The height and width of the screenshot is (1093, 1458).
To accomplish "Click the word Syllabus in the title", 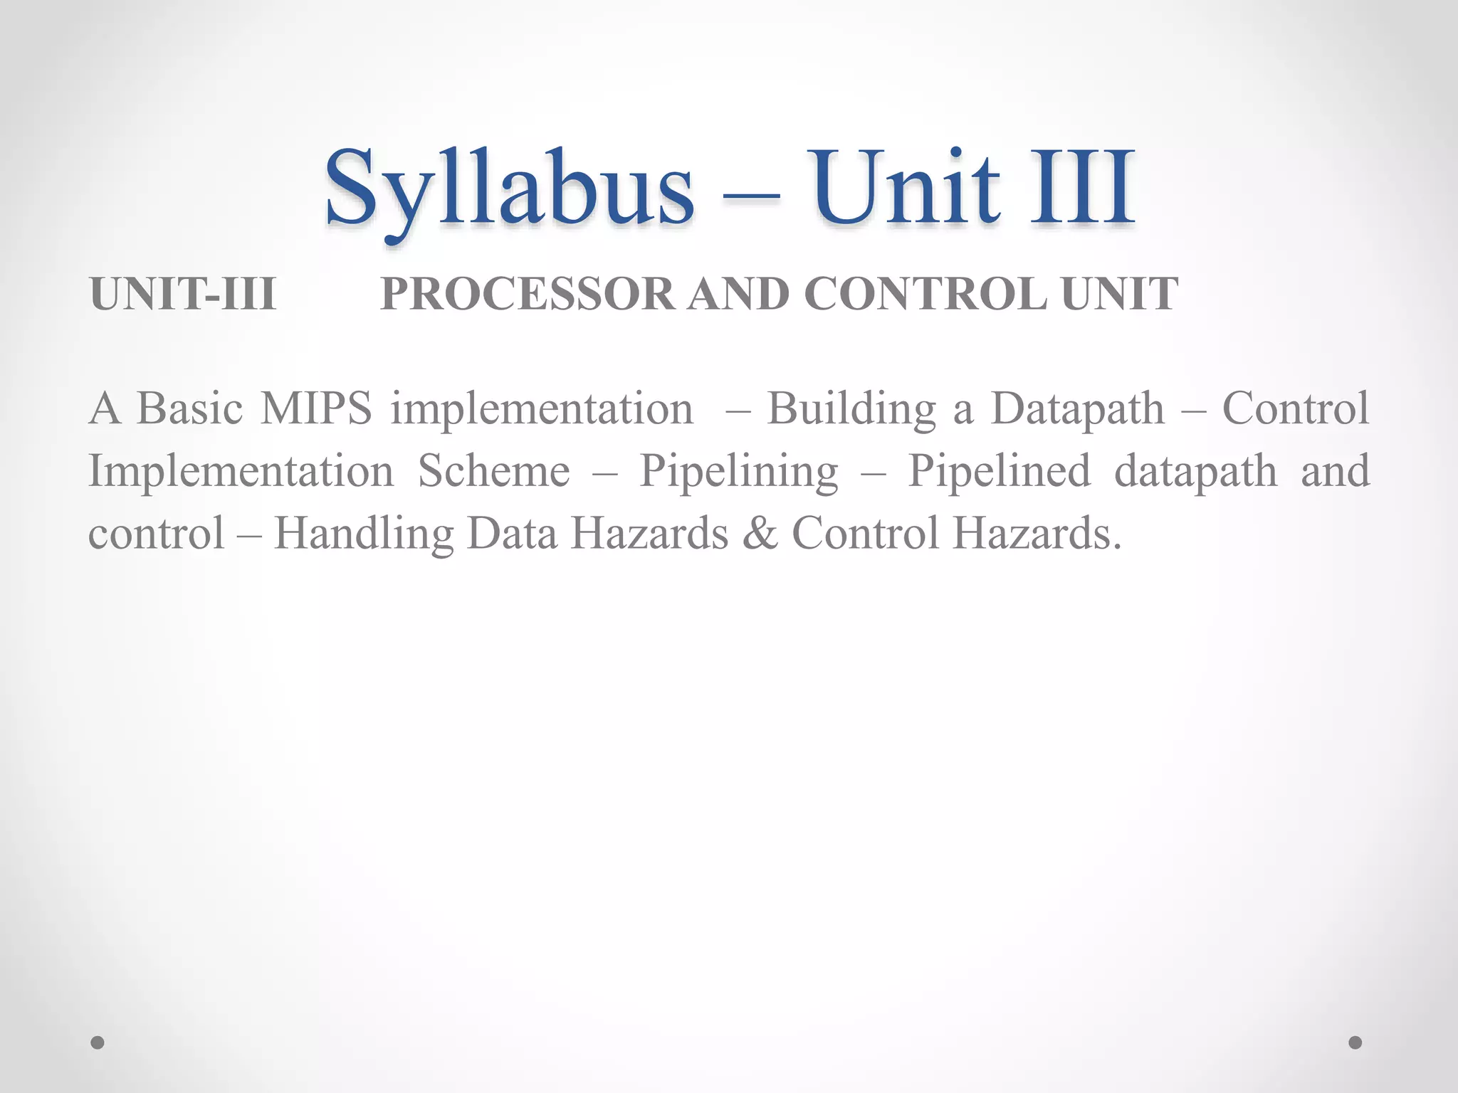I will (x=509, y=189).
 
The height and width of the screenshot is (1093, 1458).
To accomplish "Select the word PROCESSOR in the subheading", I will (x=527, y=294).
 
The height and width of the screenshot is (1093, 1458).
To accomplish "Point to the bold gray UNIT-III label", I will (x=183, y=294).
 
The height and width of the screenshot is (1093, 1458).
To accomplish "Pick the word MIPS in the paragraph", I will (x=316, y=409).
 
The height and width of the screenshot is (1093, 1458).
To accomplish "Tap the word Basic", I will (x=189, y=409).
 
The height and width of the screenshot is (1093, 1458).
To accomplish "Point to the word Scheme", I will (x=494, y=471).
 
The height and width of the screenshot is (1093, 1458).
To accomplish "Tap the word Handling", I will (x=364, y=534).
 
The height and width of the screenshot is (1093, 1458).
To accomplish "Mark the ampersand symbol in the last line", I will (x=760, y=534).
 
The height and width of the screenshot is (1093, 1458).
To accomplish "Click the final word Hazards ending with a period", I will (x=1037, y=534).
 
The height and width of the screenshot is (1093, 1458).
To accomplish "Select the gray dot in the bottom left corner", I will (x=98, y=1042).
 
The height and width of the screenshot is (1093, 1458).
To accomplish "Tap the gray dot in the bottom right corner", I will (x=1355, y=1042).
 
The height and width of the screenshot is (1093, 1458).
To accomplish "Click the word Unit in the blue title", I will (x=907, y=189).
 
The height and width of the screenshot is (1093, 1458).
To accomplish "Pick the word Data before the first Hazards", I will (x=513, y=534).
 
